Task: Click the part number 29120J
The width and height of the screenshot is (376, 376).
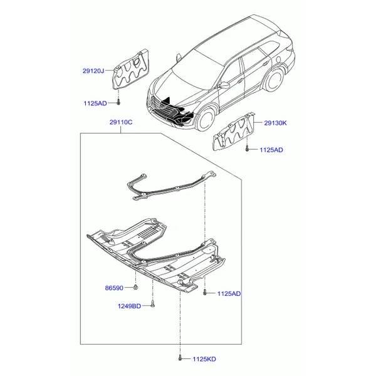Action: tap(93, 71)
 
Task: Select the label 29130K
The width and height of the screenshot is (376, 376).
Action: tap(275, 123)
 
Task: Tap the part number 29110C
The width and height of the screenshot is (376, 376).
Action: tap(121, 122)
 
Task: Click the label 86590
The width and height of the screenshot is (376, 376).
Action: tap(114, 288)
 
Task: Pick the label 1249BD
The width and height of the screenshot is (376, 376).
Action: tap(129, 306)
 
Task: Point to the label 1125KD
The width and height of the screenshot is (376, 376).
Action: tap(204, 359)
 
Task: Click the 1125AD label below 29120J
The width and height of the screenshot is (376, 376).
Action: tap(95, 103)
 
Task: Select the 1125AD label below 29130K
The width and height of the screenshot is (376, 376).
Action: tap(271, 150)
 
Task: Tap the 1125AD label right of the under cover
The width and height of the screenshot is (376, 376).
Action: tap(229, 293)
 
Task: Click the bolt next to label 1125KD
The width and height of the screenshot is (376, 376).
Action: tap(180, 358)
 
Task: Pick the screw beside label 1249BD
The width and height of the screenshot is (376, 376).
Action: tap(153, 305)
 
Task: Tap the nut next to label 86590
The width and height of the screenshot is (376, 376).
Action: tap(136, 287)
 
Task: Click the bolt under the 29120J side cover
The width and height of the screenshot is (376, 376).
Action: tap(118, 102)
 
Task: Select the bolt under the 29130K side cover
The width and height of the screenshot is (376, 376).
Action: tap(248, 149)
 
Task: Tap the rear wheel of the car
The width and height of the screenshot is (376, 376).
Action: tap(274, 79)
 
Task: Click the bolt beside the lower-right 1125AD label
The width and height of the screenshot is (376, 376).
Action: tap(204, 292)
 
